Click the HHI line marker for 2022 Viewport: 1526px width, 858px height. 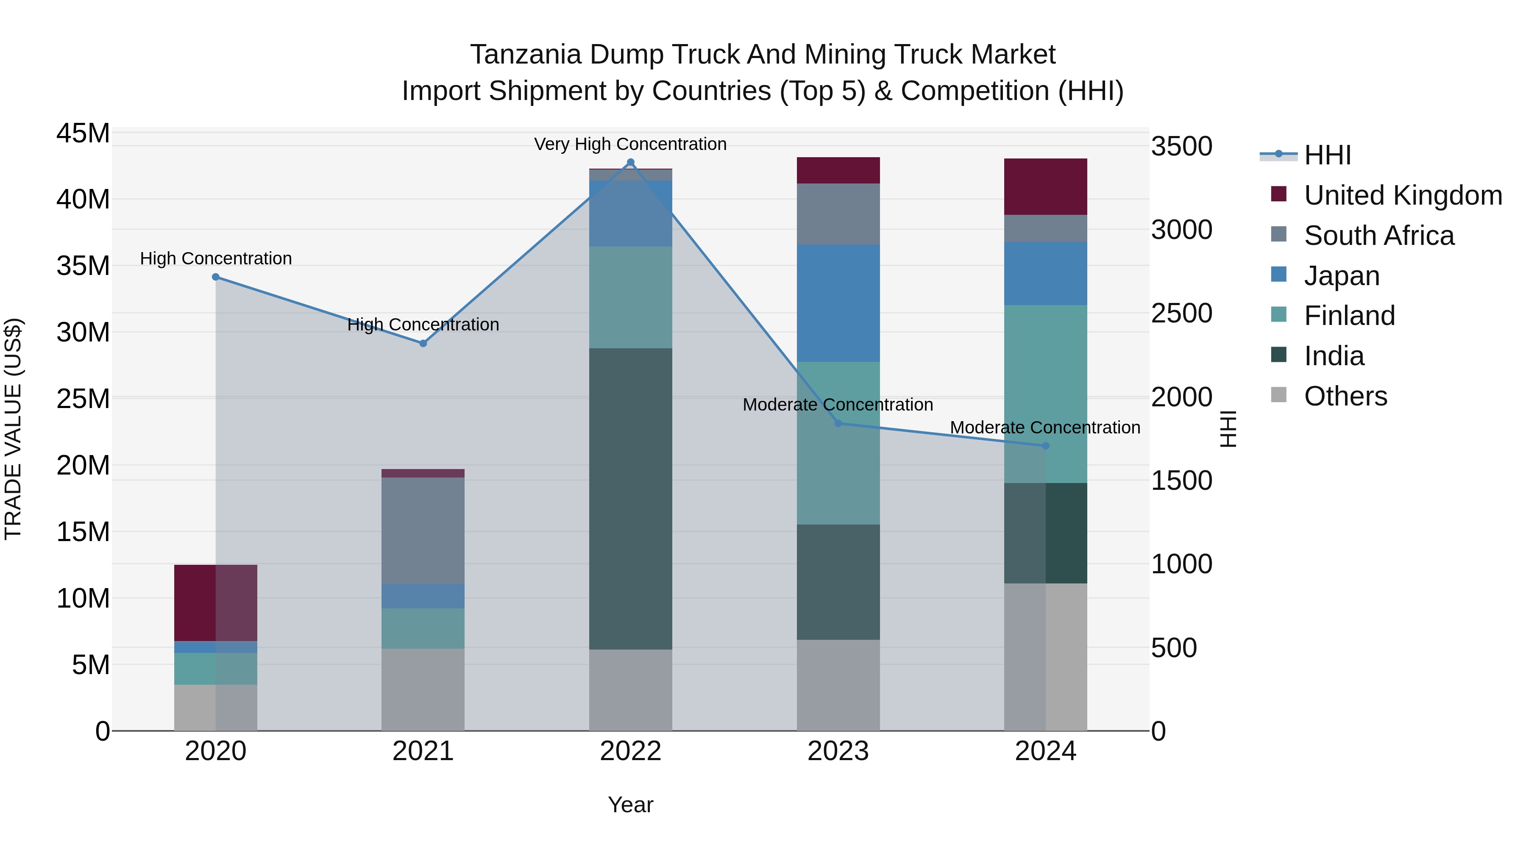(630, 162)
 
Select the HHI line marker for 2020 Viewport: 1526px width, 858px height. (216, 277)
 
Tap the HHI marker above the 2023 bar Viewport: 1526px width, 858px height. (838, 423)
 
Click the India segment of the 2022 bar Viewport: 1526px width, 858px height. (630, 499)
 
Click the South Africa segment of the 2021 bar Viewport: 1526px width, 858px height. (423, 530)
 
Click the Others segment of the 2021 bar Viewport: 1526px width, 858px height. (423, 689)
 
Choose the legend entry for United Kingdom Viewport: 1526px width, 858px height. (1403, 195)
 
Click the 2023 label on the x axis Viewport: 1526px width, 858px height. (838, 751)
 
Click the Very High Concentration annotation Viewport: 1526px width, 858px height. (630, 144)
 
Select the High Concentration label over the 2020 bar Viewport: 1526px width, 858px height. (216, 259)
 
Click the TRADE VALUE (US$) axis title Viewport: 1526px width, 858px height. (14, 429)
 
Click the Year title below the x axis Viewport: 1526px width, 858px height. (630, 805)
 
